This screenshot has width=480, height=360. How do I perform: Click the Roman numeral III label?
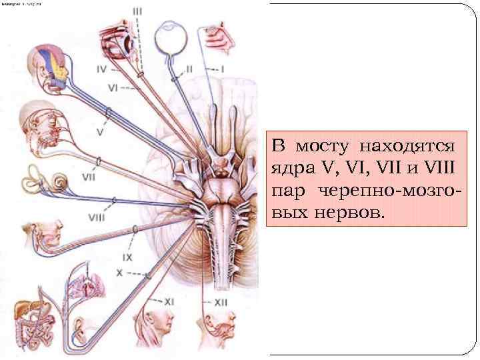click(x=137, y=11)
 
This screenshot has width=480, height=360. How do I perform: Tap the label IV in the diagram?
click(x=102, y=67)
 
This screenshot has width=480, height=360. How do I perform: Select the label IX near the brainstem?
click(x=127, y=257)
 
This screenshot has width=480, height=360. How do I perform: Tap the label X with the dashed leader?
click(x=120, y=272)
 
